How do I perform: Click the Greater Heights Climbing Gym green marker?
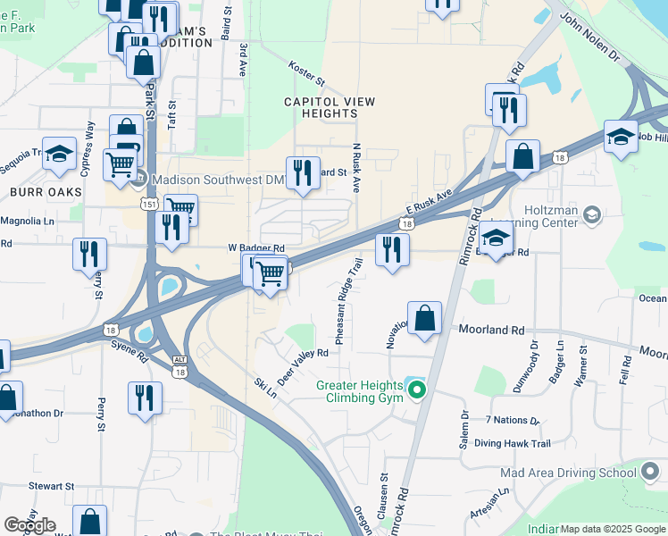pyautogui.click(x=415, y=389)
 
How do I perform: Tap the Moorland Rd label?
pyautogui.click(x=491, y=330)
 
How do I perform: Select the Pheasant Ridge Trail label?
pyautogui.click(x=347, y=301)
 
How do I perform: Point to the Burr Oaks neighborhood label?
pyautogui.click(x=46, y=191)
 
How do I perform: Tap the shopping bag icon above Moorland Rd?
pyautogui.click(x=425, y=318)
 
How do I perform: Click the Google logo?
pyautogui.click(x=29, y=525)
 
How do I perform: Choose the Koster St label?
pyautogui.click(x=307, y=74)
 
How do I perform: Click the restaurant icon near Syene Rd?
pyautogui.click(x=144, y=398)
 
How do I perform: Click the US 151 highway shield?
pyautogui.click(x=144, y=205)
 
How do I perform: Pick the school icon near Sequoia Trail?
pyautogui.click(x=59, y=154)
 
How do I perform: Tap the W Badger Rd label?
pyautogui.click(x=255, y=248)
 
